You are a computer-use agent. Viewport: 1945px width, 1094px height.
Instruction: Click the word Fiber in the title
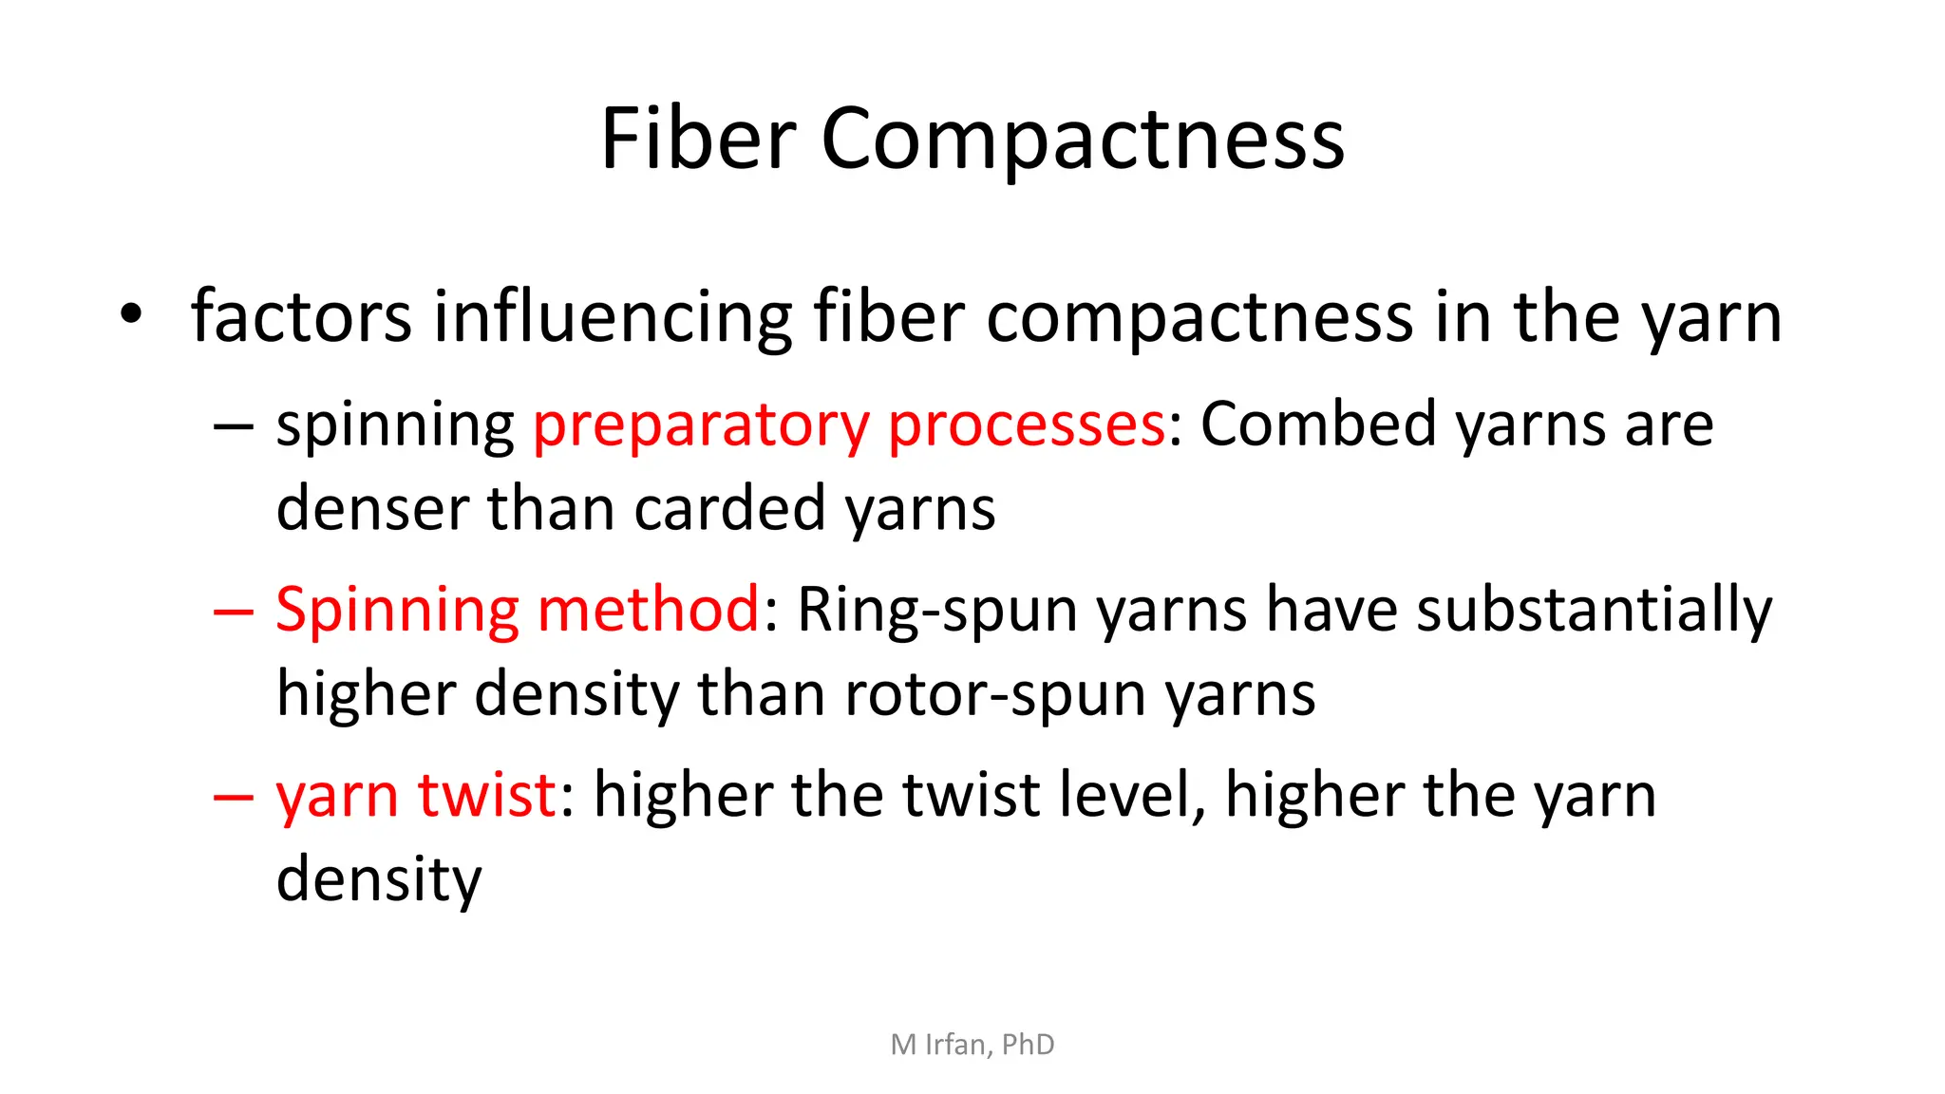[698, 139]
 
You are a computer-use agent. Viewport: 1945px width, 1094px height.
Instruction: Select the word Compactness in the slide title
[1082, 141]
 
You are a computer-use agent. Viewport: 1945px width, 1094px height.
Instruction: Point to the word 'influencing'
[613, 316]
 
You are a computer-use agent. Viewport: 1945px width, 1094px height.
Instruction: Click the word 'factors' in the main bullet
[301, 316]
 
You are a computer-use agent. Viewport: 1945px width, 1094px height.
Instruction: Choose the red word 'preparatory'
[701, 426]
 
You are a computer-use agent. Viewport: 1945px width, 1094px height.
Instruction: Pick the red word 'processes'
[1027, 426]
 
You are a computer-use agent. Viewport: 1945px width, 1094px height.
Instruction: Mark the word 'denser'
[371, 508]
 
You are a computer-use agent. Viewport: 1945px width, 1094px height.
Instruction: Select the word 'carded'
[729, 508]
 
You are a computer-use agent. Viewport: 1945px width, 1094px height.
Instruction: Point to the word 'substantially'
[1594, 611]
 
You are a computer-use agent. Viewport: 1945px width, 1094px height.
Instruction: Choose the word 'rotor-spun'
[994, 694]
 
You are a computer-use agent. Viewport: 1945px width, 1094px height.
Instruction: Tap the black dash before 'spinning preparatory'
[233, 426]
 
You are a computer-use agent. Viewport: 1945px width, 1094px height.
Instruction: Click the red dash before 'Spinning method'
[233, 611]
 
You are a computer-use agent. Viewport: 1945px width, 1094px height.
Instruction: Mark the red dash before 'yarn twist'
[233, 796]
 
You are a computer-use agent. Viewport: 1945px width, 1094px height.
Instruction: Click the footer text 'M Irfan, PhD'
[972, 1045]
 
